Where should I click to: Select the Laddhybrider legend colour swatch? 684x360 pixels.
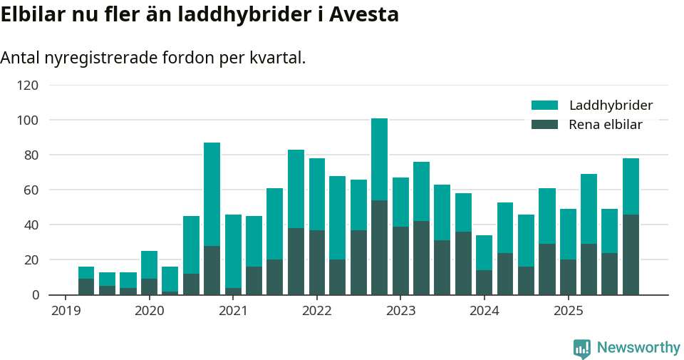545,106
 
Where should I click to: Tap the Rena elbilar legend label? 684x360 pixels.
606,125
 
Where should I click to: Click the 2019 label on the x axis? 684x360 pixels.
66,311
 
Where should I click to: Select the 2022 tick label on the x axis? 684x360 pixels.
317,311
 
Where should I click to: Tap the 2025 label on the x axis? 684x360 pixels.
568,311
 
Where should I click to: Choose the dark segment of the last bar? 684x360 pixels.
631,254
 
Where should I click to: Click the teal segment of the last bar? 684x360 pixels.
631,186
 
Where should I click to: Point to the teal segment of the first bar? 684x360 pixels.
86,272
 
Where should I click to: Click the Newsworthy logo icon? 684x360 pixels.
581,348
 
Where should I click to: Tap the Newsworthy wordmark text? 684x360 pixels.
638,348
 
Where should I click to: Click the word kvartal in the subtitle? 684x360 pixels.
277,58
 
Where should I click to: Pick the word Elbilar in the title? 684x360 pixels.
33,14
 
